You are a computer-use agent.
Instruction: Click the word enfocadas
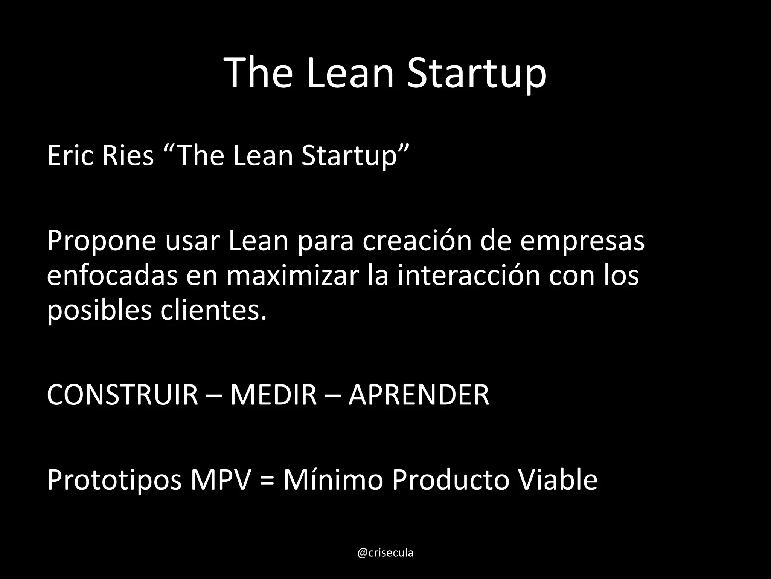[112, 276]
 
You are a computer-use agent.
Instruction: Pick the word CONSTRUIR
[122, 395]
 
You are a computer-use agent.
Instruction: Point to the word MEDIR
[274, 395]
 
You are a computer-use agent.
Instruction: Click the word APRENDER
[419, 395]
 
